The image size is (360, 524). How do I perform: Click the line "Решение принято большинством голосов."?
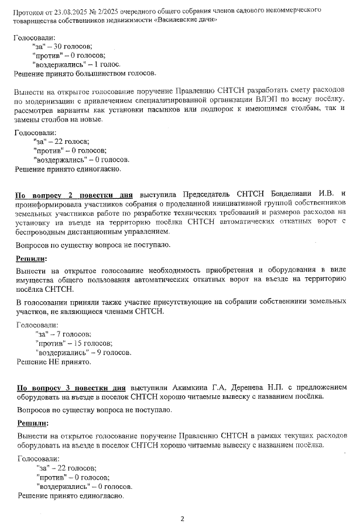point(85,74)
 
